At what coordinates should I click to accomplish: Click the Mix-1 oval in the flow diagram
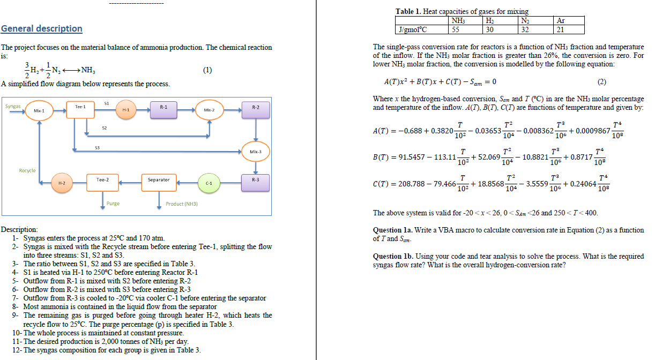tap(39, 110)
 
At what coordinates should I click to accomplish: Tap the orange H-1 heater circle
tap(125, 110)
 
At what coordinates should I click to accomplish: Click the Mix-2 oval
tap(209, 110)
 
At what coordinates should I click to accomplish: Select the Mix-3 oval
tap(256, 152)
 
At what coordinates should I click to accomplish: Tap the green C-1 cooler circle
tap(209, 183)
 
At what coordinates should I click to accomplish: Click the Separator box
tap(159, 180)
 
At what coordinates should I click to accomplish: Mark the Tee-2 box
tap(102, 180)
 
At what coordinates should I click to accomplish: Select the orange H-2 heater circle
tap(62, 183)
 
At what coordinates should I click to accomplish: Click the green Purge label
tap(113, 204)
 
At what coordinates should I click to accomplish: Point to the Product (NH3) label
tap(182, 204)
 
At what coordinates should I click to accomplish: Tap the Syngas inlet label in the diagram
tap(13, 106)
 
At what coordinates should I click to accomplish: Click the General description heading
tap(42, 28)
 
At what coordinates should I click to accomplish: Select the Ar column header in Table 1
tap(561, 21)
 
